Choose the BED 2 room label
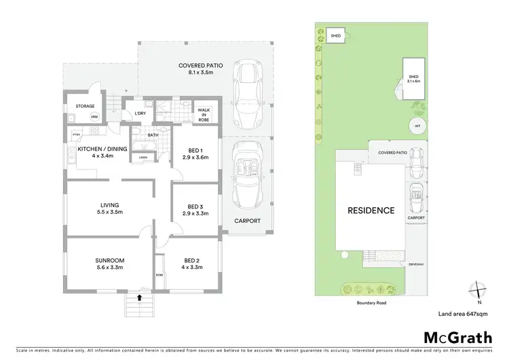193,264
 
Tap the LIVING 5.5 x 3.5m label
109,209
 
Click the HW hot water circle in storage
94,116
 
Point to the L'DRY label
141,113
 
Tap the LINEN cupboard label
143,158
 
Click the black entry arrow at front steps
140,297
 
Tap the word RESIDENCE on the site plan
371,211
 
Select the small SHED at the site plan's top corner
335,35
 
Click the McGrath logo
458,338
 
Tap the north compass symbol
478,291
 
